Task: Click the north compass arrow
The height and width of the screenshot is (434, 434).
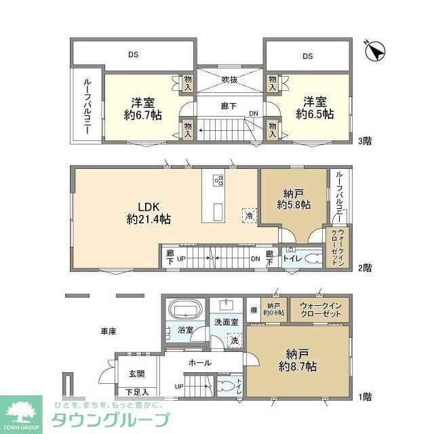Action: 375,51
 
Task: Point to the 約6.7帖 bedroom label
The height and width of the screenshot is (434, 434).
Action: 142,108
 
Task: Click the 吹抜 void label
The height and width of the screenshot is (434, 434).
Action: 229,79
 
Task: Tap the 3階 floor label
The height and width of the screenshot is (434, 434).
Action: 365,141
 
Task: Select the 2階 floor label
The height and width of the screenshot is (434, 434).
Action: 365,268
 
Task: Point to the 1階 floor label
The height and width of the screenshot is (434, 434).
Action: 365,396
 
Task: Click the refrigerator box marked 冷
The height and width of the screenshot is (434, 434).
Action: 249,214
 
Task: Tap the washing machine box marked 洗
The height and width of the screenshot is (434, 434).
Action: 234,340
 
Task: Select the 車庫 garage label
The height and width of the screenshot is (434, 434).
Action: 108,332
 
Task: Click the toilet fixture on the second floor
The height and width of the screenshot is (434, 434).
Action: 312,258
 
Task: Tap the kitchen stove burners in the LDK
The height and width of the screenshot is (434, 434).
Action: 218,180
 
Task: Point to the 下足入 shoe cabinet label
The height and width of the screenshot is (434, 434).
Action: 136,392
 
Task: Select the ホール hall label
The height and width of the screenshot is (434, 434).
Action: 199,363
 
